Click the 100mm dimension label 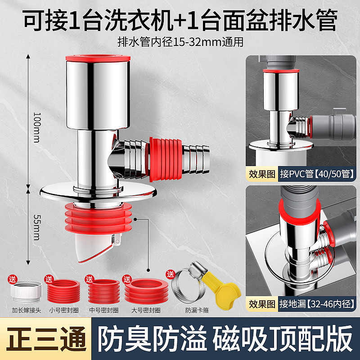(37, 127)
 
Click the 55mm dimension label (37, 227)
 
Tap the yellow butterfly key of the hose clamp (222, 290)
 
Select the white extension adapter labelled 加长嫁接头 (27, 292)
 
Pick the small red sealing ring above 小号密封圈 (63, 292)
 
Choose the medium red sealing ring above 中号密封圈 (104, 292)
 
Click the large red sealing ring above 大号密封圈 (146, 291)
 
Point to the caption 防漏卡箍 (197, 310)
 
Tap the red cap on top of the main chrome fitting (98, 58)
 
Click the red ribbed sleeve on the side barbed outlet (166, 159)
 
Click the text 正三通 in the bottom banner (46, 339)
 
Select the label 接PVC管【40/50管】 (317, 174)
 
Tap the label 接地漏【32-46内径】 (317, 304)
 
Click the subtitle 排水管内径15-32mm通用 (180, 42)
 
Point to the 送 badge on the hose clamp (171, 274)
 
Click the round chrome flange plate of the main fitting (98, 193)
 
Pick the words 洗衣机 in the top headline (139, 20)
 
